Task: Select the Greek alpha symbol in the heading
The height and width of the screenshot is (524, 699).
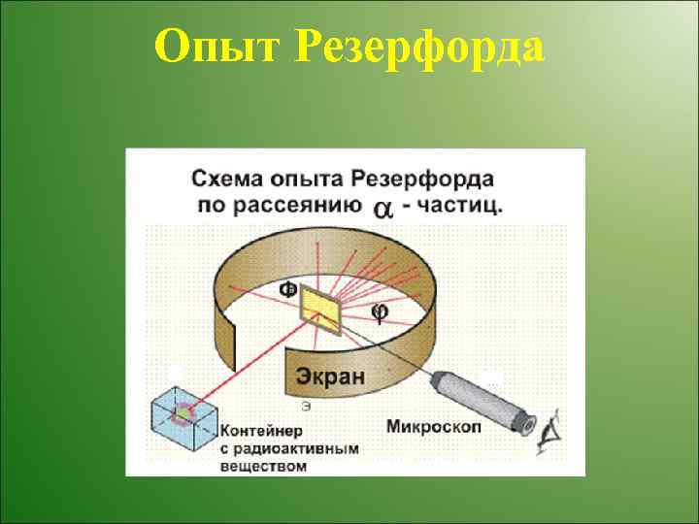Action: (x=383, y=208)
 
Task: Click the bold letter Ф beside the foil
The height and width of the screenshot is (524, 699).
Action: (x=288, y=289)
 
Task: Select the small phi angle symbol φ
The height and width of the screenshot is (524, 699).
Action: (x=381, y=311)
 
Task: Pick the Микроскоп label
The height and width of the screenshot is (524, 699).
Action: (x=429, y=425)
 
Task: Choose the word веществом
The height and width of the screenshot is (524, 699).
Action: (x=264, y=466)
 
